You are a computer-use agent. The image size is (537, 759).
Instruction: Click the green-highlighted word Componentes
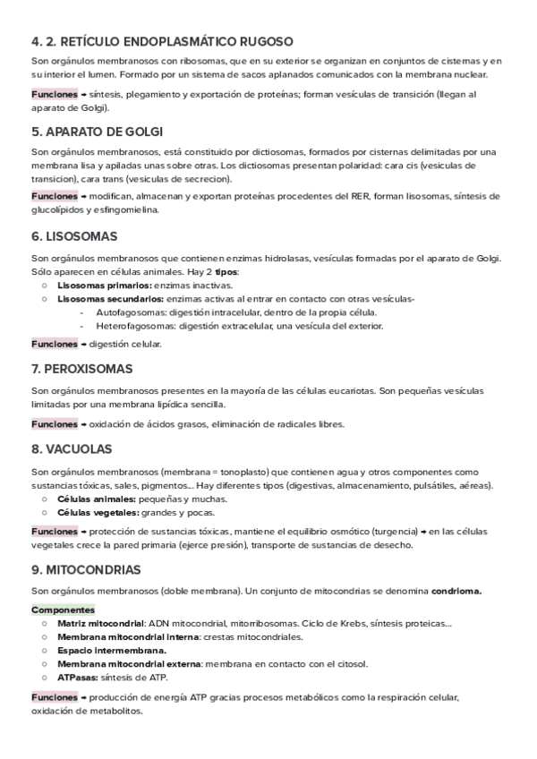[63, 610]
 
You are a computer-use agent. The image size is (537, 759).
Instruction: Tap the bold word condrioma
[456, 590]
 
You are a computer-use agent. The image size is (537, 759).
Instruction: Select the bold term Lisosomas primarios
[104, 285]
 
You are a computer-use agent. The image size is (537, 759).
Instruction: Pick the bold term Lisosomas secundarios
[109, 298]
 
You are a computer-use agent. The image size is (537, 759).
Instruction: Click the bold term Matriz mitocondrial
[100, 623]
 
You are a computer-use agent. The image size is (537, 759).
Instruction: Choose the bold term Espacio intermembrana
[111, 650]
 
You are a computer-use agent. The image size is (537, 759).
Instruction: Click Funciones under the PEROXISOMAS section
[54, 423]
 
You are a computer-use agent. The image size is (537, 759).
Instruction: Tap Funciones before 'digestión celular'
[54, 344]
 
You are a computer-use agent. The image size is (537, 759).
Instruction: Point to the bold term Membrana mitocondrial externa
[129, 663]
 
